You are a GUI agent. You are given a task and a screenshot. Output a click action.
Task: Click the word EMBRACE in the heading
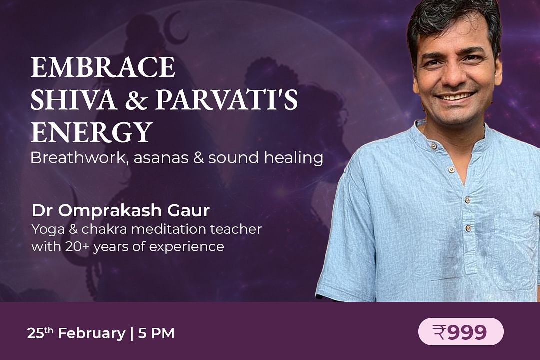103,67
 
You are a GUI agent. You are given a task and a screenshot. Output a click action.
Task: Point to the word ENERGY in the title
92,132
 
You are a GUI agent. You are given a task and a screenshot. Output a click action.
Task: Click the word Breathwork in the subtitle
79,158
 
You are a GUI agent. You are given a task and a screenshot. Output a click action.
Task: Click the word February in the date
92,334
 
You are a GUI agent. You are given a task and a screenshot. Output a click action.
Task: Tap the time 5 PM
156,334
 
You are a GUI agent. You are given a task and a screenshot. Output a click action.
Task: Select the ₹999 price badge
461,332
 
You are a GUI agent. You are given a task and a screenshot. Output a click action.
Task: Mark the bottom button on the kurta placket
467,228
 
